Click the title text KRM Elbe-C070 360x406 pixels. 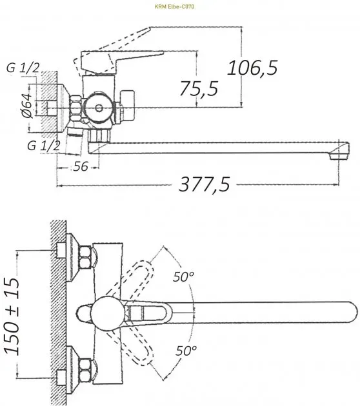[174, 6]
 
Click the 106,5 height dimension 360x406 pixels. [252, 68]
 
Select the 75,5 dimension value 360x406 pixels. [199, 88]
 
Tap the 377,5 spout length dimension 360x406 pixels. [205, 184]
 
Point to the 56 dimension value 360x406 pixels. [81, 166]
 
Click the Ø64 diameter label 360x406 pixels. [27, 106]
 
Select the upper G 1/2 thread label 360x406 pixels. [23, 68]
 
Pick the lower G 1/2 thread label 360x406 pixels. [43, 146]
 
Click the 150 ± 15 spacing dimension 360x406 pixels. [12, 316]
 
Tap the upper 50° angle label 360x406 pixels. [183, 277]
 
